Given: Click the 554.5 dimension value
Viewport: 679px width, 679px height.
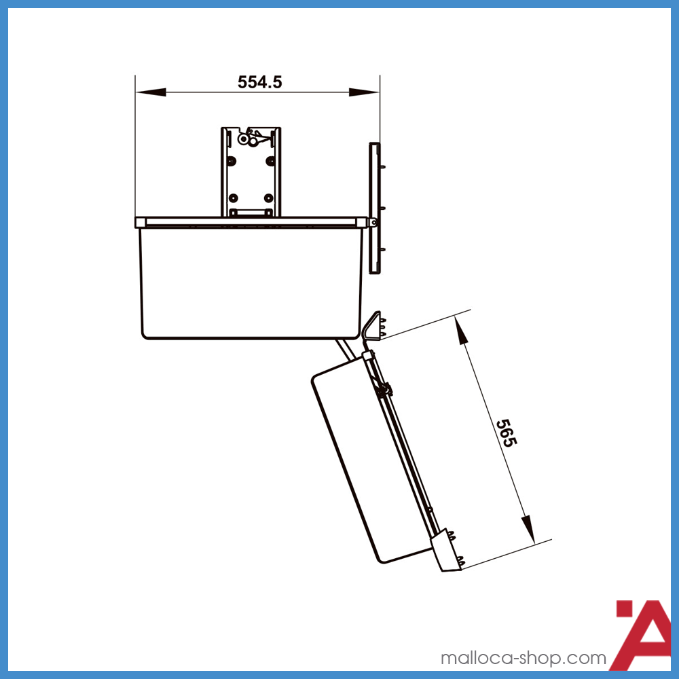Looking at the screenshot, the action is (x=260, y=82).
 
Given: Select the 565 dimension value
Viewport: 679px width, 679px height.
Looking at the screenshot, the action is (x=507, y=433).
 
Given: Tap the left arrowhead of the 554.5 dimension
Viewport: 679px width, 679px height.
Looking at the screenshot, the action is (x=151, y=92).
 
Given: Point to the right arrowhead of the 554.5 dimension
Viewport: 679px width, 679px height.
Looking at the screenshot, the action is (x=364, y=92).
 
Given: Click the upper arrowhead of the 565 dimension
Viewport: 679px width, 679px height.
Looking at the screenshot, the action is (x=462, y=331).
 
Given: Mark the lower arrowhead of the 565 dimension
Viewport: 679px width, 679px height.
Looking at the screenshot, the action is (x=528, y=529).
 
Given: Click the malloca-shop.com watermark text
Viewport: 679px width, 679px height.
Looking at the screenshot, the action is (x=523, y=658).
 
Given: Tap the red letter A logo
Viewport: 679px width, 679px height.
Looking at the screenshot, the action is (x=642, y=635).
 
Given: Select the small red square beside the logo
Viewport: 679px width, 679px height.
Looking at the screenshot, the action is (x=625, y=608).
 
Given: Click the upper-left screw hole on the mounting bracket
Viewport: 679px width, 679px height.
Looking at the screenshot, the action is (x=232, y=162).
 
